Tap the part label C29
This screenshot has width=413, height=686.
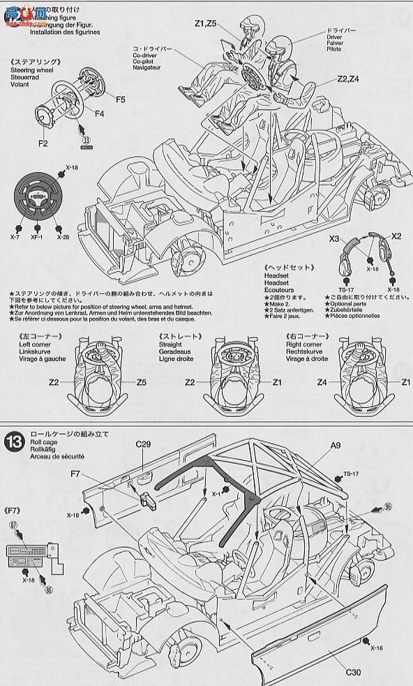(144, 443)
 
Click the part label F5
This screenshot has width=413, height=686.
(121, 100)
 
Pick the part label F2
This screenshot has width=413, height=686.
(43, 144)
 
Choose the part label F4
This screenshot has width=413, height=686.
(99, 112)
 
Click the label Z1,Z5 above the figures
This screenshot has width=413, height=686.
(206, 24)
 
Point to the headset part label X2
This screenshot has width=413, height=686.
(396, 236)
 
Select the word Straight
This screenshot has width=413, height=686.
(170, 345)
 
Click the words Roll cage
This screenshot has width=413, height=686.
(43, 442)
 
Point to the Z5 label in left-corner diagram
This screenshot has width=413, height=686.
(141, 382)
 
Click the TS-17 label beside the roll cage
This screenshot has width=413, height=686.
(351, 474)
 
